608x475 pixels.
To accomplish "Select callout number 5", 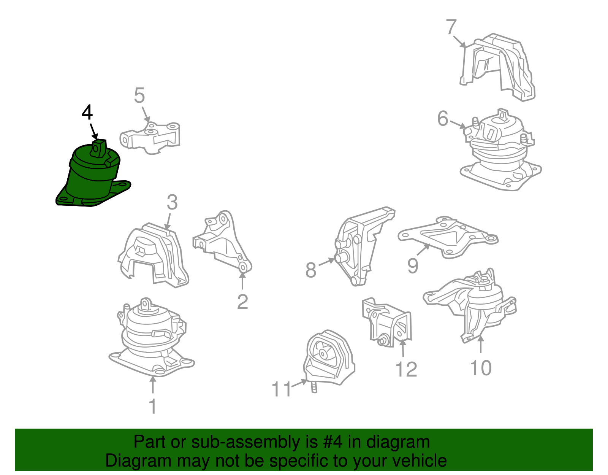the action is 139,95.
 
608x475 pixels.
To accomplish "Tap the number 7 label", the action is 451,27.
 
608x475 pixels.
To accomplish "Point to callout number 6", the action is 443,118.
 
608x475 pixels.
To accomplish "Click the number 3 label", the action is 172,202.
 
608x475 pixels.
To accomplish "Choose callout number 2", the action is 242,302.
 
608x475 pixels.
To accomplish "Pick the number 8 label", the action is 311,270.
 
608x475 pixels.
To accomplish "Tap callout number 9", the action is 413,265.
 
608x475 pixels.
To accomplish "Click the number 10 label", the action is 481,367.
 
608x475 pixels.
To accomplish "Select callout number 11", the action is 282,389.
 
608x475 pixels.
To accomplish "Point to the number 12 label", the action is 406,369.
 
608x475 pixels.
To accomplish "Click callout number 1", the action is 153,406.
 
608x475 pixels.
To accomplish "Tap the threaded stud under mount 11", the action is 314,388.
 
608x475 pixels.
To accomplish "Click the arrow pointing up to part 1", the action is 153,385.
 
